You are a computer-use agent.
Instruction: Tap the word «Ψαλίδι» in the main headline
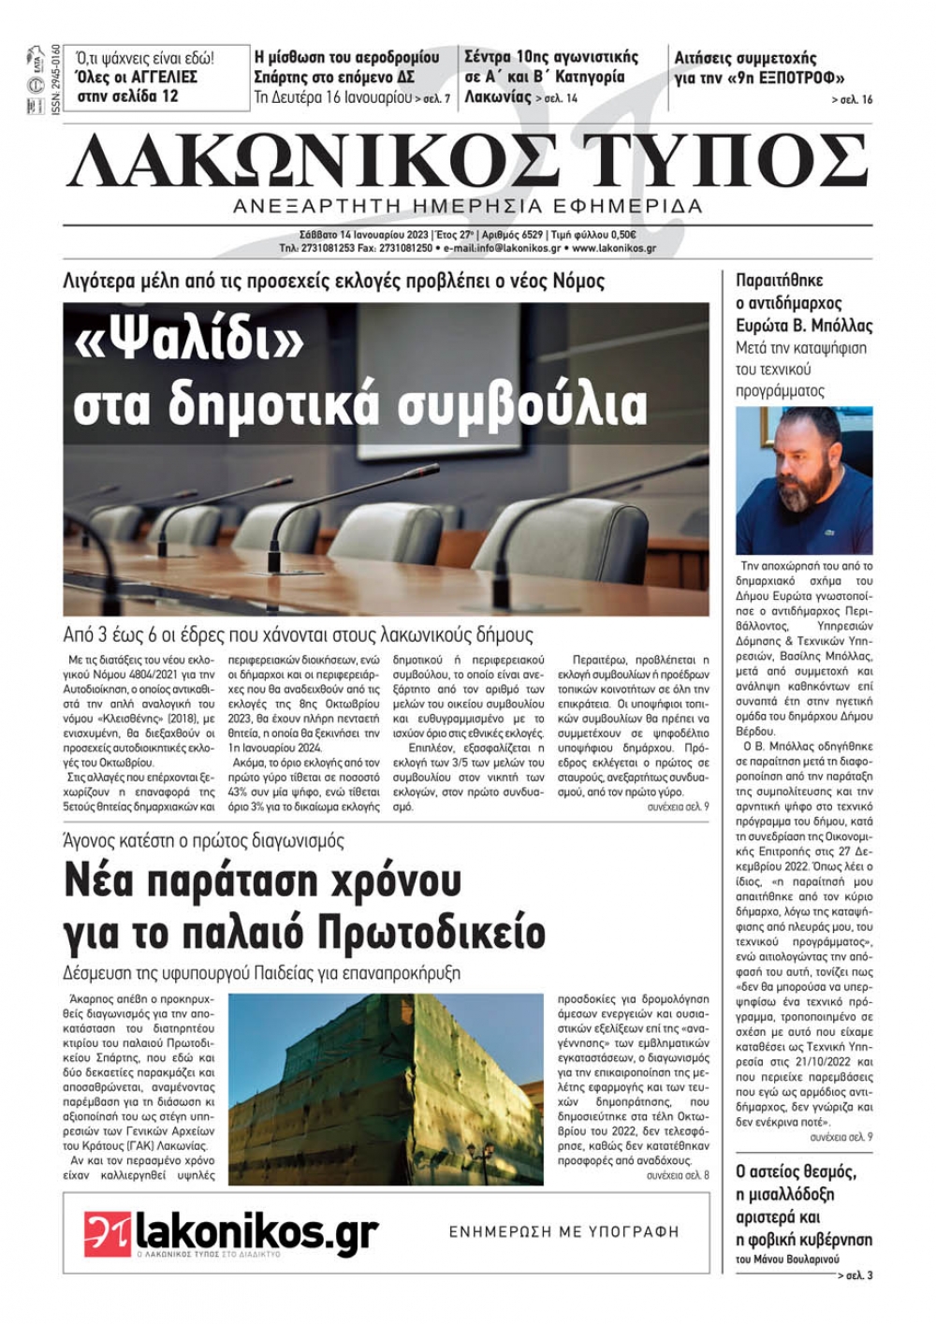point(188,345)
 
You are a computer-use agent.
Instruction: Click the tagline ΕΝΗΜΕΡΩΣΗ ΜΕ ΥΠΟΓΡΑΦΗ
point(564,1231)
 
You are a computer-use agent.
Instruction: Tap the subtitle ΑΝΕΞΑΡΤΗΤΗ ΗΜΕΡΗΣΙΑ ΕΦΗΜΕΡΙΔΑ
point(468,206)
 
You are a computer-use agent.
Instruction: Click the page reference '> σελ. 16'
point(851,100)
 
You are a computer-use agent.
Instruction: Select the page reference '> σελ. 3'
point(856,1275)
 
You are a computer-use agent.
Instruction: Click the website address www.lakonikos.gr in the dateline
point(613,249)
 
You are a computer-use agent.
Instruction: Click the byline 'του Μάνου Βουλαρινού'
point(788,1259)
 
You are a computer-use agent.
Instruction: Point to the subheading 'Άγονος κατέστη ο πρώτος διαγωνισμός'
point(204,840)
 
